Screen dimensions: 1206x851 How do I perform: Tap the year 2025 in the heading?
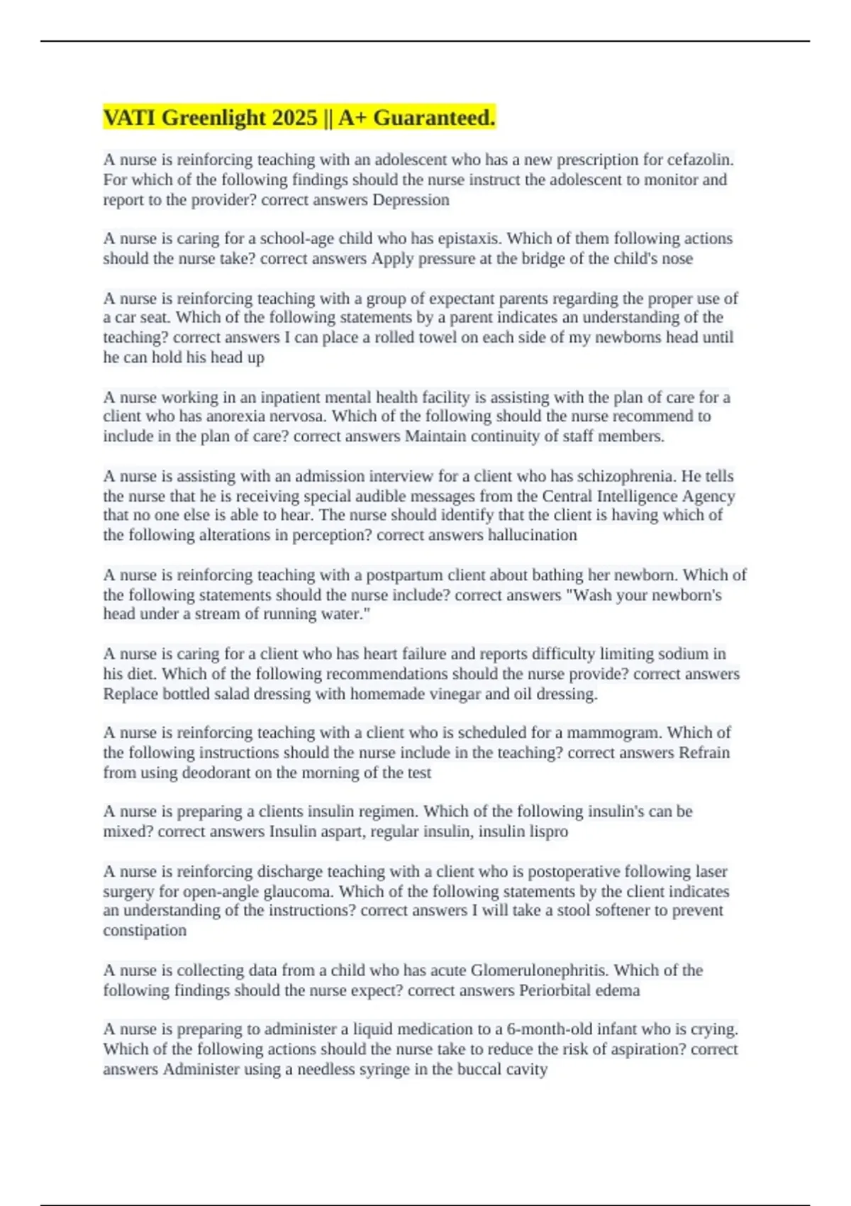pyautogui.click(x=294, y=118)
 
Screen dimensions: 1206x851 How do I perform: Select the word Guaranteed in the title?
pyautogui.click(x=433, y=118)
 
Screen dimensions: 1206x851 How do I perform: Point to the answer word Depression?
pyautogui.click(x=411, y=200)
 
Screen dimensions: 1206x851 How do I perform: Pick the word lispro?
pyautogui.click(x=548, y=831)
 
